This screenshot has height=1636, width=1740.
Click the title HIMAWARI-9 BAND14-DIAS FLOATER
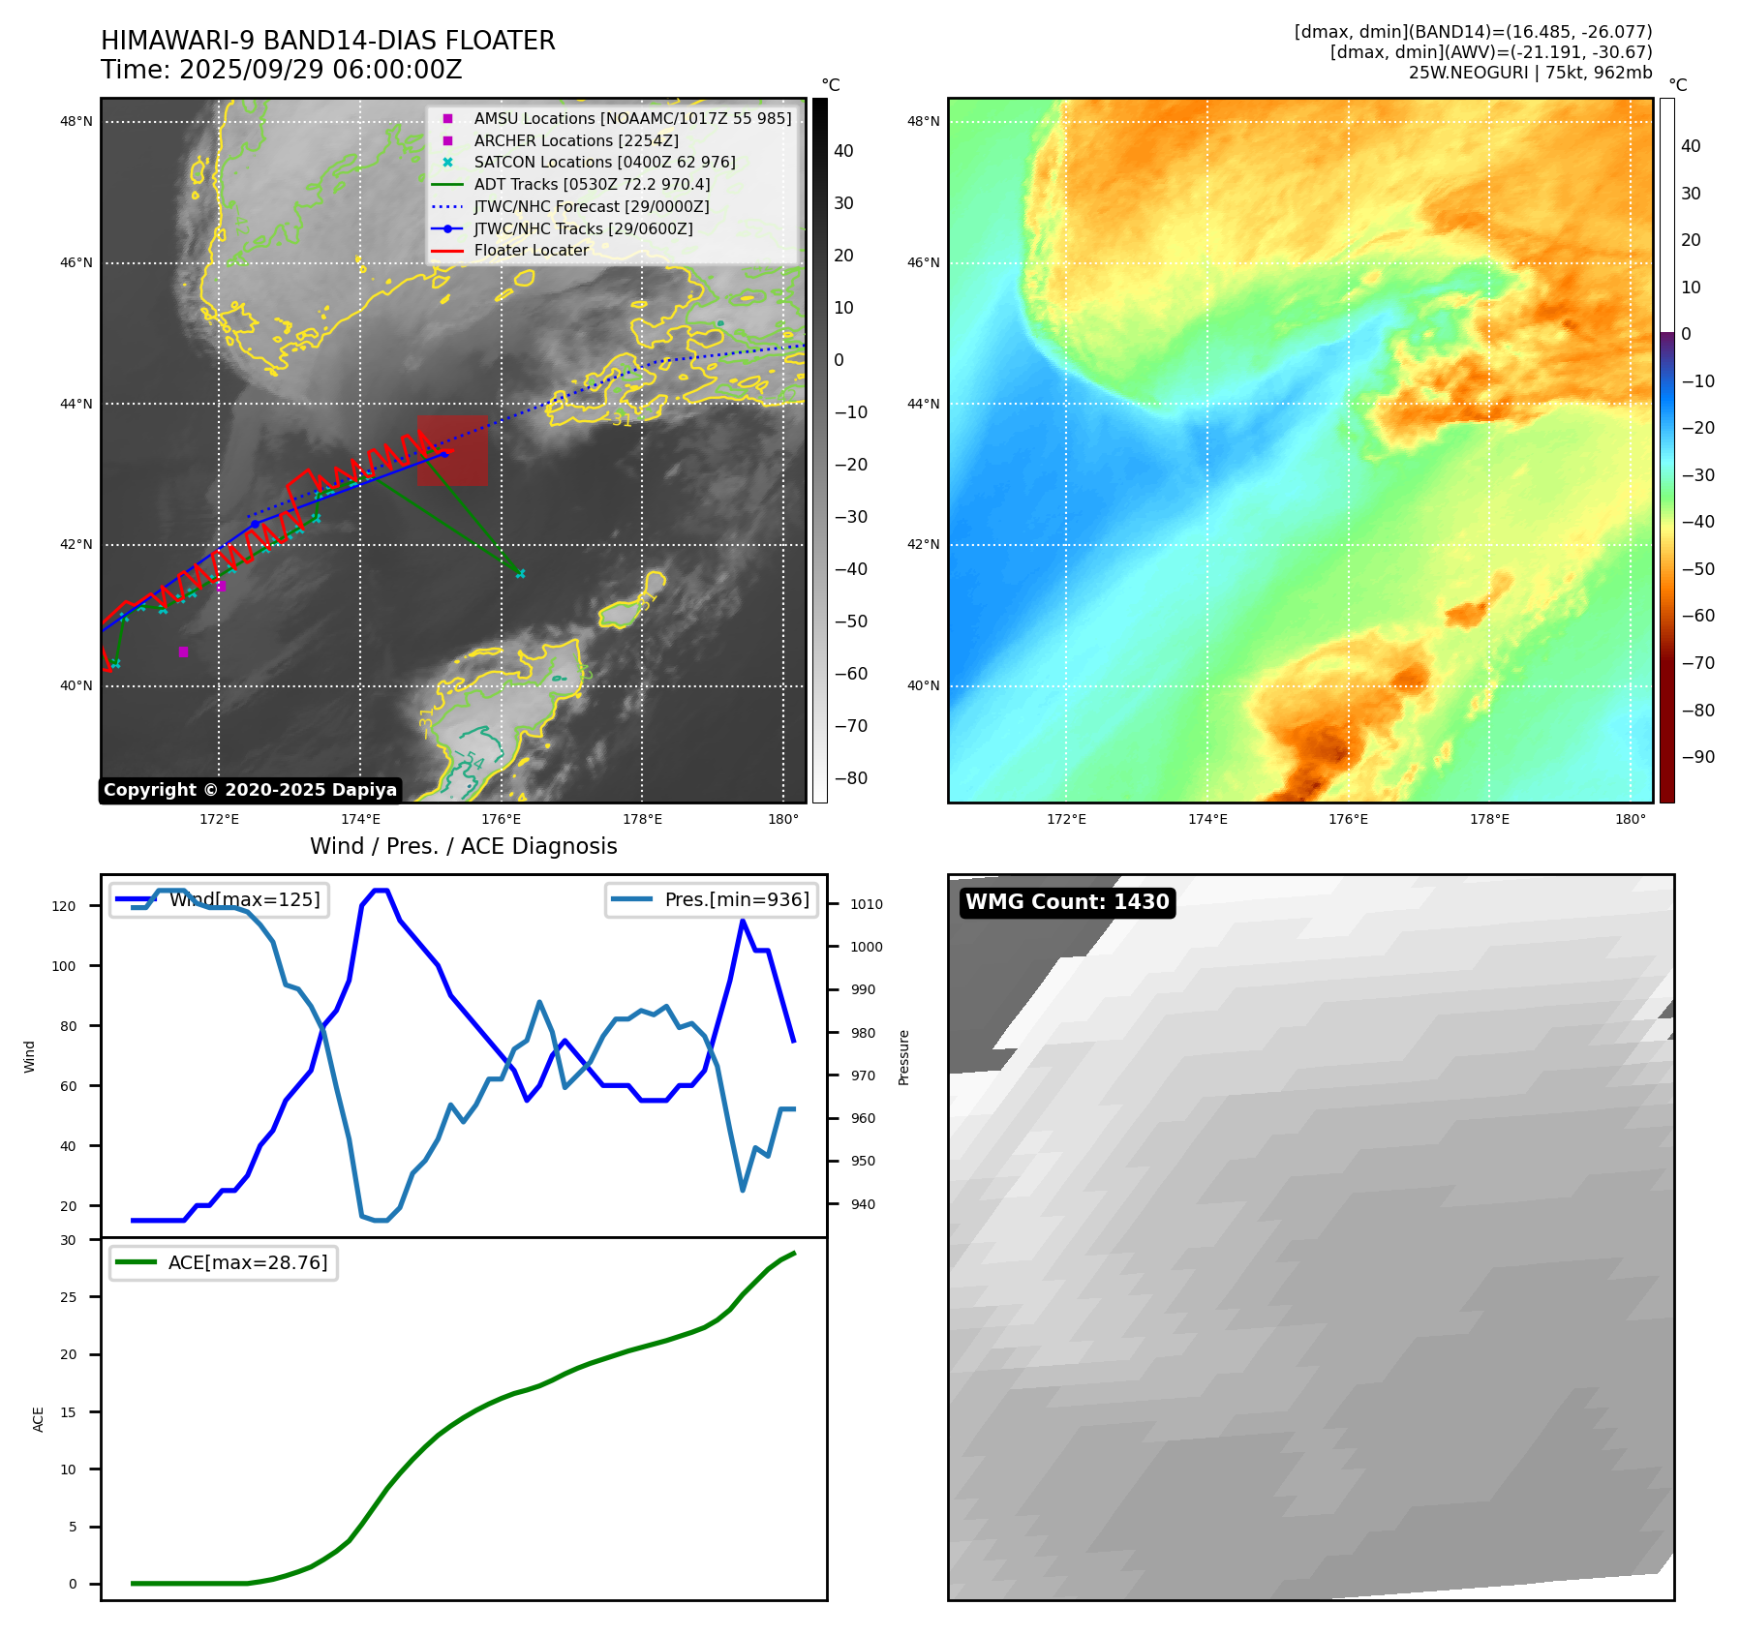point(327,41)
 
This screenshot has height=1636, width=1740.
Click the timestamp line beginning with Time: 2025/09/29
point(281,70)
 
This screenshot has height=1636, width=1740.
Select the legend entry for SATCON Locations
point(604,163)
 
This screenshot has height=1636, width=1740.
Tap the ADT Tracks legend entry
point(592,184)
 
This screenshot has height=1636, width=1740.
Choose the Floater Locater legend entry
point(531,250)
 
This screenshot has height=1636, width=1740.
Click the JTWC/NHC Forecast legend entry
point(591,206)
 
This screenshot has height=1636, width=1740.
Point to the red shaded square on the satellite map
point(452,451)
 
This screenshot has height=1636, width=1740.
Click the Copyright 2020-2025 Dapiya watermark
point(250,790)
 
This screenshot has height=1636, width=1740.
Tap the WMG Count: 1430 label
point(1067,902)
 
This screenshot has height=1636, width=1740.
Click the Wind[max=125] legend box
point(220,899)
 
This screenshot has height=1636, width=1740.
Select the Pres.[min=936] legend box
point(712,899)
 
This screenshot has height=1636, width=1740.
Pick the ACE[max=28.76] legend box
point(224,1262)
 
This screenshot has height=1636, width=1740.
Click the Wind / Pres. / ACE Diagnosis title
point(463,846)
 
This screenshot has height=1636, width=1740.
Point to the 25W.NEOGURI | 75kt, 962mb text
point(1530,73)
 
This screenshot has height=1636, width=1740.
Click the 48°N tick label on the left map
point(76,122)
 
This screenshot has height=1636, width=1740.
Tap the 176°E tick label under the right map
point(1348,819)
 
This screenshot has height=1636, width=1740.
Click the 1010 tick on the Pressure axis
point(867,904)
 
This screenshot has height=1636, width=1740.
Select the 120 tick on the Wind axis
point(64,906)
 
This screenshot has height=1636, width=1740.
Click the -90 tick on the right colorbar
point(1697,757)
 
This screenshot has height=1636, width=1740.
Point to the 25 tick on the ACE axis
point(69,1297)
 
